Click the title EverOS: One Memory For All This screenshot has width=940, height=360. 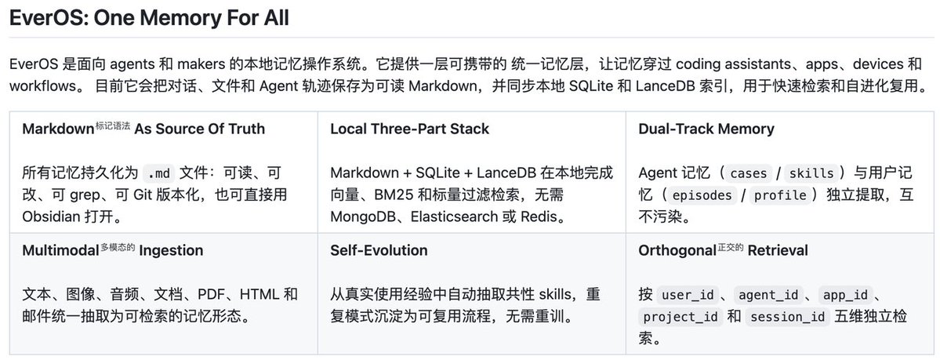(x=149, y=18)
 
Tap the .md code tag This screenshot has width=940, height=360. (x=159, y=174)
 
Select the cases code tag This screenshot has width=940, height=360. (x=748, y=174)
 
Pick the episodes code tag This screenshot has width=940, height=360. (x=702, y=195)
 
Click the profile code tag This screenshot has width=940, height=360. (x=780, y=195)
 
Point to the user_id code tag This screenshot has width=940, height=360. (x=686, y=295)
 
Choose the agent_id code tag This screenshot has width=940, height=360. (x=768, y=295)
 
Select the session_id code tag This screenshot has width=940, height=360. (x=788, y=317)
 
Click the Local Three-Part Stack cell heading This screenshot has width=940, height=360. (x=409, y=129)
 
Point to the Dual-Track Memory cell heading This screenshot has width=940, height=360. (x=706, y=129)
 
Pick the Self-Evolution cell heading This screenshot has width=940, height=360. (x=379, y=250)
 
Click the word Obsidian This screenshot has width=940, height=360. (x=51, y=216)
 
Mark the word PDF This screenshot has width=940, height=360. (x=210, y=295)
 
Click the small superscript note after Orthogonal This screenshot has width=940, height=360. (x=730, y=246)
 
